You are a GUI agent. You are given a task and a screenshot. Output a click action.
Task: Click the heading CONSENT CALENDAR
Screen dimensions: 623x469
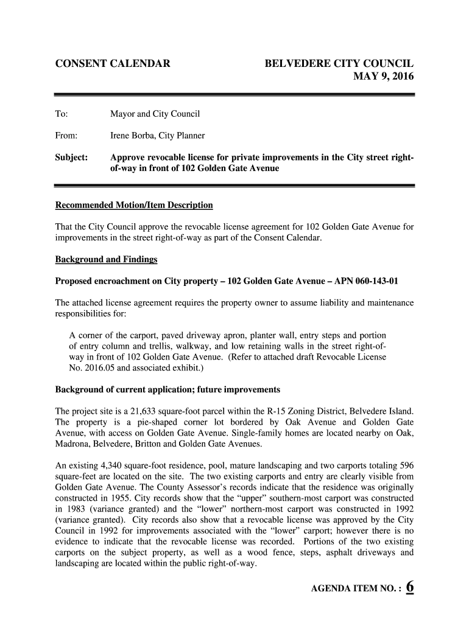(x=113, y=64)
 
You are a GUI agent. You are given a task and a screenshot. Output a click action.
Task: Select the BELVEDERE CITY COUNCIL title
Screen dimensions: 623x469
(x=339, y=64)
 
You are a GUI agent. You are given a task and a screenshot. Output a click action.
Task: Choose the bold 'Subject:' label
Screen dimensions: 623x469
(x=72, y=158)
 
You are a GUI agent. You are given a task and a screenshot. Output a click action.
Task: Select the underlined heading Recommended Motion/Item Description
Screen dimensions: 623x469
(x=134, y=204)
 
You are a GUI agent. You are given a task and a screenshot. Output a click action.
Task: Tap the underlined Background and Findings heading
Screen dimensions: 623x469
(x=106, y=259)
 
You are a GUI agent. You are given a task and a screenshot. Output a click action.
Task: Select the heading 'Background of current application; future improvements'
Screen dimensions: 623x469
(x=167, y=389)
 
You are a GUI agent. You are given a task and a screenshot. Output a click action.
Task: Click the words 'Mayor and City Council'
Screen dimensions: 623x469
(x=155, y=114)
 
